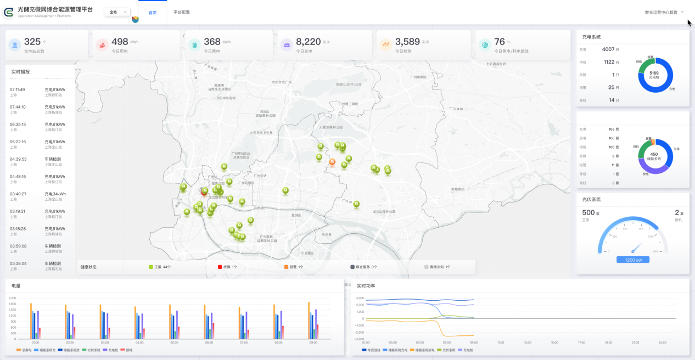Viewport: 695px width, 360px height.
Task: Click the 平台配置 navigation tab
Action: (x=181, y=12)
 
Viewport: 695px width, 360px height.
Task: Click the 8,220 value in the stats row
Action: (x=308, y=42)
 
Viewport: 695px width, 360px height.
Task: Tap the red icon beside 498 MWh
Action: (x=102, y=45)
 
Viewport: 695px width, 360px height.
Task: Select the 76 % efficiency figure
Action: (x=499, y=42)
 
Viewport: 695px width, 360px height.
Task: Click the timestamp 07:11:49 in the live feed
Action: (x=17, y=89)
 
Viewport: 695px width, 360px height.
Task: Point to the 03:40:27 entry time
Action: (x=18, y=194)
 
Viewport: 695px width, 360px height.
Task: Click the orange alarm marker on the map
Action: (x=332, y=162)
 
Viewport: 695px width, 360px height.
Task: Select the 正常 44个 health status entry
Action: (x=160, y=267)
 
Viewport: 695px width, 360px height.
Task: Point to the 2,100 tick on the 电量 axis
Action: (x=13, y=298)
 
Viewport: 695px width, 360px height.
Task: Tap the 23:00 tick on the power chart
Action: (x=662, y=342)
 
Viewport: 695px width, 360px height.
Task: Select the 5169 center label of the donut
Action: (x=654, y=74)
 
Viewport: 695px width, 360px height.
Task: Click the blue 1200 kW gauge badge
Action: (x=632, y=260)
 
